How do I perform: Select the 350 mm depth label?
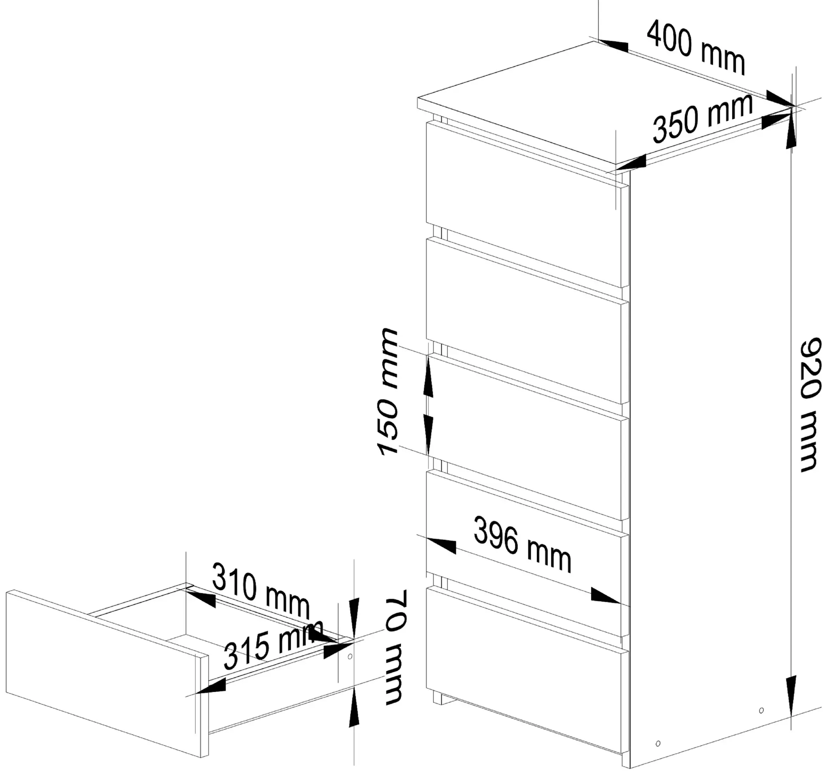[702, 118]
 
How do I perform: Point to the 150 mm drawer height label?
[388, 392]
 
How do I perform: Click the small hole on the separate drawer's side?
[350, 656]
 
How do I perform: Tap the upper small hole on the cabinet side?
[761, 710]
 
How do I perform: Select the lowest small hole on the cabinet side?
[658, 744]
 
